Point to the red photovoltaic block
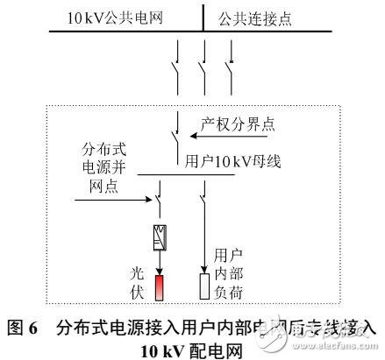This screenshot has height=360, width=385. [160, 288]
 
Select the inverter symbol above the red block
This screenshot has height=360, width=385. [160, 236]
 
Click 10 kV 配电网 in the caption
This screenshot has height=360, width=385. [191, 348]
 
